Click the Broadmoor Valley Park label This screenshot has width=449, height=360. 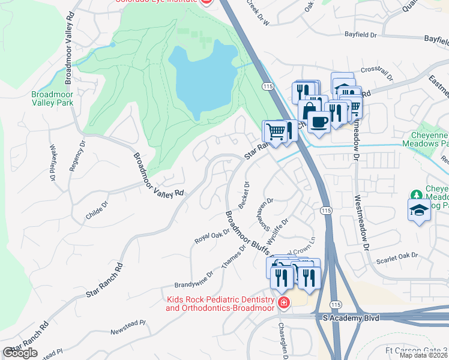[52, 98]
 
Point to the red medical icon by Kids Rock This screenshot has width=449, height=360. [283, 303]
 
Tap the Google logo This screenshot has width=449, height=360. [20, 353]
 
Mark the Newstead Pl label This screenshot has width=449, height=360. [128, 326]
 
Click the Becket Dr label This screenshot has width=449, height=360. [243, 195]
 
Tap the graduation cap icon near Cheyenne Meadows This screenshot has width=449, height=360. [419, 210]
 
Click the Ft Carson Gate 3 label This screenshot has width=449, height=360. [416, 350]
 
